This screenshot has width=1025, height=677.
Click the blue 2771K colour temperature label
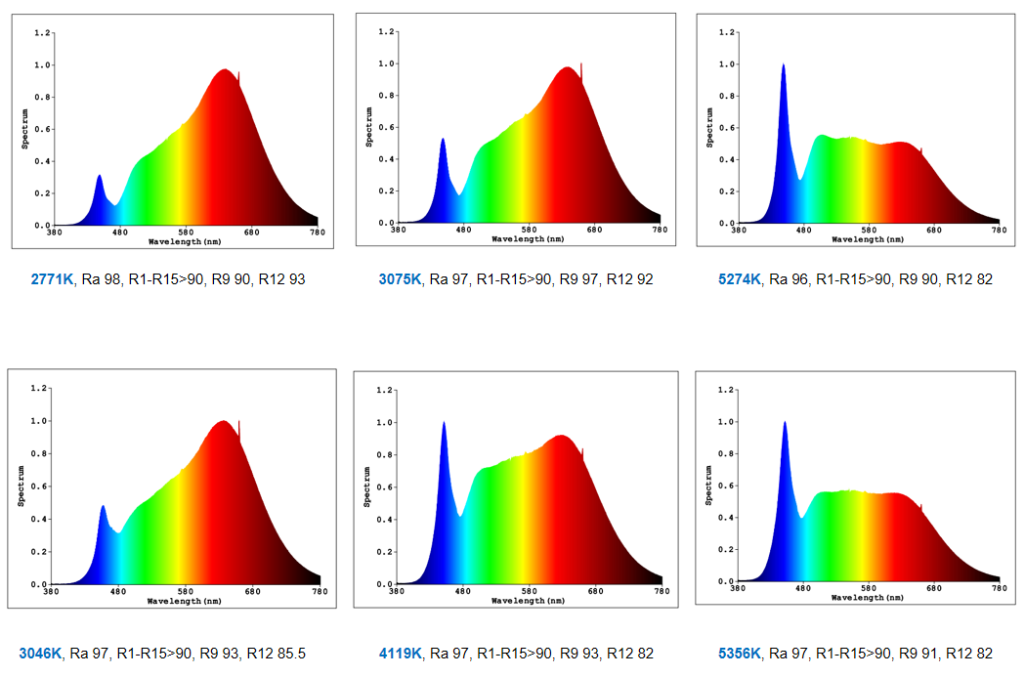click(x=52, y=279)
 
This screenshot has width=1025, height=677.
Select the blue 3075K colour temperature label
click(x=400, y=279)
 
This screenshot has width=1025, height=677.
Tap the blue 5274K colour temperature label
click(x=739, y=279)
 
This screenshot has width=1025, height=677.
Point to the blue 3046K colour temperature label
click(x=40, y=654)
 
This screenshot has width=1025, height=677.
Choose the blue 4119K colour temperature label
click(x=400, y=654)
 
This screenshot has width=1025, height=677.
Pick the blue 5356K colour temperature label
click(x=739, y=654)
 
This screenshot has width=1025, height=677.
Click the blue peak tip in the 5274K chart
click(x=783, y=65)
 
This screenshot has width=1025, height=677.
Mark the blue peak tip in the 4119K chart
click(x=444, y=423)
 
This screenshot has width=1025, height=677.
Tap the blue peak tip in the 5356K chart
click(x=784, y=422)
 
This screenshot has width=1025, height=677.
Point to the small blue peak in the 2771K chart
click(x=100, y=176)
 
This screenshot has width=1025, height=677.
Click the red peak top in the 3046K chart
click(x=224, y=422)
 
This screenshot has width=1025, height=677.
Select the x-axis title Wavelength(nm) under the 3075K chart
click(x=528, y=239)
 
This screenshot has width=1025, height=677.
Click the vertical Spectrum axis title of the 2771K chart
click(x=25, y=128)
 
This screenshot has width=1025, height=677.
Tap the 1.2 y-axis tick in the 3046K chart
click(x=38, y=388)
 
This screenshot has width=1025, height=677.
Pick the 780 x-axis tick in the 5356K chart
click(x=999, y=589)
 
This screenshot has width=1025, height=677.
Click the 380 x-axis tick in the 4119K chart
click(x=398, y=592)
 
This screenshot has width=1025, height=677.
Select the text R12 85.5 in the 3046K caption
click(x=279, y=654)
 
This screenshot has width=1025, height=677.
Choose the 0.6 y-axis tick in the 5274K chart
click(x=726, y=128)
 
